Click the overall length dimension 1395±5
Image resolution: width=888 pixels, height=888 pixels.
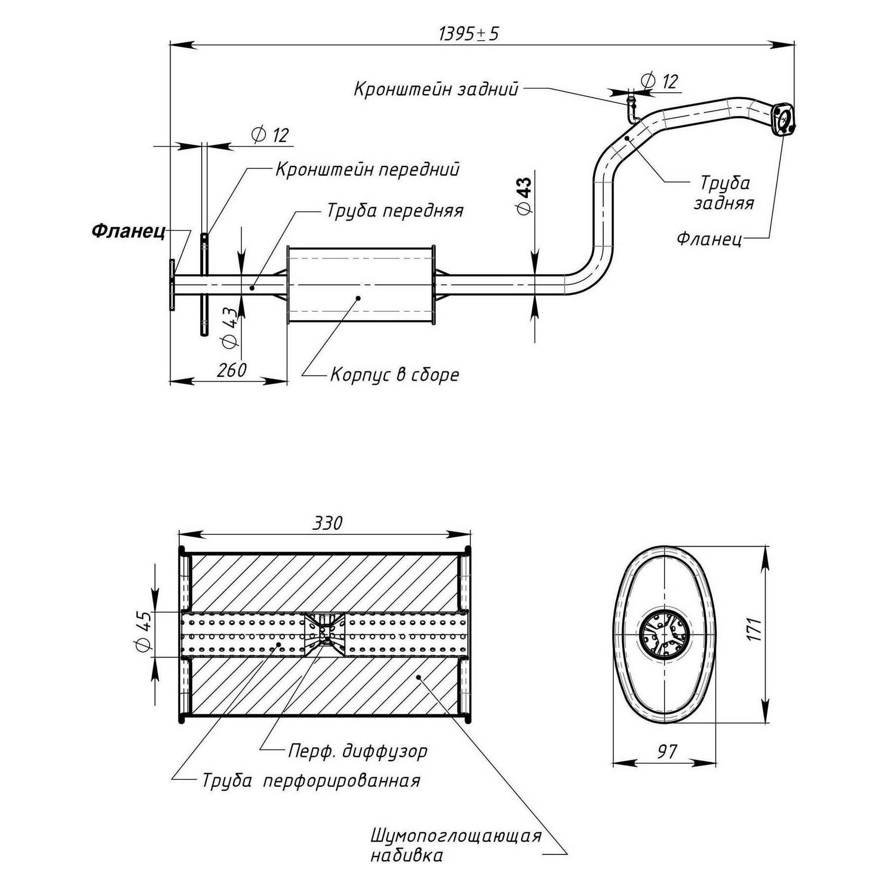469,34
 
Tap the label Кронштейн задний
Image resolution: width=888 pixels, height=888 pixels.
436,89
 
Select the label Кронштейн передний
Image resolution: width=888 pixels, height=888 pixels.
367,169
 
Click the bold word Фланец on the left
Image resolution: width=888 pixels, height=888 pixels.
129,231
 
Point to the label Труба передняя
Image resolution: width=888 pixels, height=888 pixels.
395,211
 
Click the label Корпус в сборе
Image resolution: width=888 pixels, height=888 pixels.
395,375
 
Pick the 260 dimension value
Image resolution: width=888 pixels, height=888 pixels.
231,370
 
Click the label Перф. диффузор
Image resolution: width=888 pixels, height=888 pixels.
358,751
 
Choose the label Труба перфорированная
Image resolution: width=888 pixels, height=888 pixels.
311,780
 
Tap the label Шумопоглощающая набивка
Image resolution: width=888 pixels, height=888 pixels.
455,845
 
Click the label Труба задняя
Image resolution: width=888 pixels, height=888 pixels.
724,192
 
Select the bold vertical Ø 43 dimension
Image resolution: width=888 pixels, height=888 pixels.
524,196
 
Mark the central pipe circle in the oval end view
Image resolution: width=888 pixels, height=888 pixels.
664,634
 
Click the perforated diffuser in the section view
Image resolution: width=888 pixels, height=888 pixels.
324,633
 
